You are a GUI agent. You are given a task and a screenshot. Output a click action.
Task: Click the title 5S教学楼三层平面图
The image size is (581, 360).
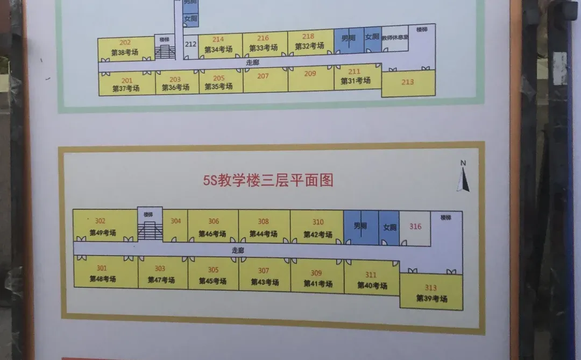pos(268,180)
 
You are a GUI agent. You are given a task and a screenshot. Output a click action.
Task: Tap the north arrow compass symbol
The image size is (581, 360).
pos(463,178)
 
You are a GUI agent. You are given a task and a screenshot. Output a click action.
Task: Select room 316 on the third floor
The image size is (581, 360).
pos(415,227)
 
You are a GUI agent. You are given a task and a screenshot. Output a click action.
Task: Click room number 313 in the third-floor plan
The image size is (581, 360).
pos(431,287)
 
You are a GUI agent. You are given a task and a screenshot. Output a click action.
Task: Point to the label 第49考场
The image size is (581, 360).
pos(102,233)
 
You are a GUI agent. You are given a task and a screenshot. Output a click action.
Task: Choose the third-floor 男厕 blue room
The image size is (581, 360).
pos(360,227)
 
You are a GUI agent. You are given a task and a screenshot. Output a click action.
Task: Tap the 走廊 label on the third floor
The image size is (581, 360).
pos(238,250)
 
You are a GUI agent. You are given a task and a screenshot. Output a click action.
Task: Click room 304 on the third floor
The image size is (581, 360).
pos(175,221)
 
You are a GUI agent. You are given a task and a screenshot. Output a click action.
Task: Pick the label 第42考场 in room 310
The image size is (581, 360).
pos(317,235)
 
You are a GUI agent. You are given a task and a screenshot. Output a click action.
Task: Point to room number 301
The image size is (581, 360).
pos(102,268)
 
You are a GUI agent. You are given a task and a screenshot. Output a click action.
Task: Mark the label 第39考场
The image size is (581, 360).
pos(431,299)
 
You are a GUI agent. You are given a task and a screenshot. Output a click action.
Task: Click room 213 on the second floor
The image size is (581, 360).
pos(408,82)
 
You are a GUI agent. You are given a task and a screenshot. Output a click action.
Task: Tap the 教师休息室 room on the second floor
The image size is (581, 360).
pos(395,38)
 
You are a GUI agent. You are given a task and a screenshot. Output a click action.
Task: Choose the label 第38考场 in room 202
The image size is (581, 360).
pos(124,53)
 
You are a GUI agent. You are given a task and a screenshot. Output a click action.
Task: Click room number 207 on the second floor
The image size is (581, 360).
pos(263,76)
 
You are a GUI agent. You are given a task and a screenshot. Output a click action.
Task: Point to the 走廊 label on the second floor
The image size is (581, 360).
pos(252,62)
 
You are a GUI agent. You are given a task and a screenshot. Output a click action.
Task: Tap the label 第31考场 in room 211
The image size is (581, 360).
pos(355,81)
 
